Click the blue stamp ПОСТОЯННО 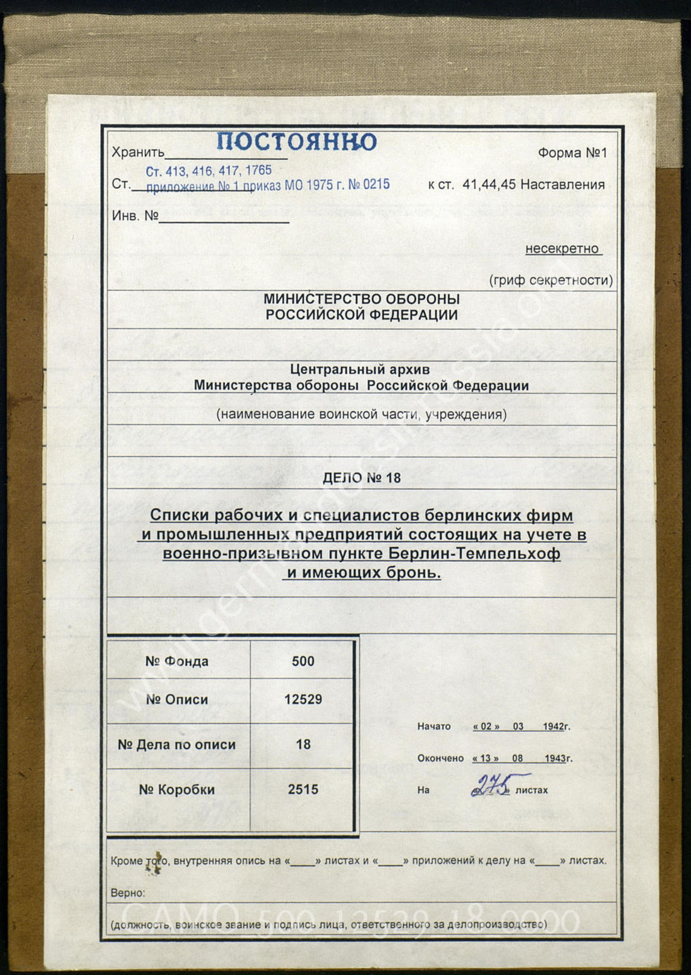point(296,142)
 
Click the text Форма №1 point(572,153)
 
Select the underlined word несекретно point(563,249)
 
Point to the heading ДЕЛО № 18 point(361,479)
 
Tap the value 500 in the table point(303,661)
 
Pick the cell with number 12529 point(303,699)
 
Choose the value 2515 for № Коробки point(303,790)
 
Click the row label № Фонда point(177,661)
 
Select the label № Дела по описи point(177,745)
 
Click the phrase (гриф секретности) point(551,280)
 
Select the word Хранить point(137,153)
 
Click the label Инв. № point(135,216)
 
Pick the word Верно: point(128,893)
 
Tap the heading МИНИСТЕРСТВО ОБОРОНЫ point(361,299)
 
